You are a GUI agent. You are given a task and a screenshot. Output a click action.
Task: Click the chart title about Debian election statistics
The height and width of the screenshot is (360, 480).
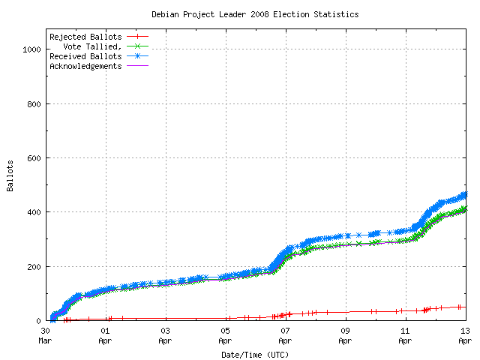[x=255, y=14]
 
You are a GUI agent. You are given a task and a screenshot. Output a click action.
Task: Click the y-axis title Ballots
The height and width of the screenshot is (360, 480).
[x=10, y=175]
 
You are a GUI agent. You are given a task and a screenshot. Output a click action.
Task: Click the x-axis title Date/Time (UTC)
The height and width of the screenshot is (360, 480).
[x=255, y=354]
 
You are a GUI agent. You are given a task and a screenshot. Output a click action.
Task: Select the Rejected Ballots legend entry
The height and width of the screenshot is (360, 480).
[x=85, y=37]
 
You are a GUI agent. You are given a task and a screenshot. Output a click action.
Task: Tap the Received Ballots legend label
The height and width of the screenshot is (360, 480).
[x=85, y=56]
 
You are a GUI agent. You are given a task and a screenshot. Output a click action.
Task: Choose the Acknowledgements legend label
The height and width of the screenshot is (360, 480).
[x=85, y=66]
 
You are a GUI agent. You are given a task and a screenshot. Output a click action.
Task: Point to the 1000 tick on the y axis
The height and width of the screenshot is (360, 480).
[x=30, y=49]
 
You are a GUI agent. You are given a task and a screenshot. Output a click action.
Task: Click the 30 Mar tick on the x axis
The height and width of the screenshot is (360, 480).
[x=45, y=334]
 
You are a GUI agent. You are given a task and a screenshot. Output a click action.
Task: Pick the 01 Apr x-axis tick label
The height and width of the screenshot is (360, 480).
[x=105, y=334]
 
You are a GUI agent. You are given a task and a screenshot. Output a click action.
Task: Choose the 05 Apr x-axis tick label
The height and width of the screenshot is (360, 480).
[x=225, y=334]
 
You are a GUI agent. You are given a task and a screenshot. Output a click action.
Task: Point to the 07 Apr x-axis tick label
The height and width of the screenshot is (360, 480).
[x=285, y=334]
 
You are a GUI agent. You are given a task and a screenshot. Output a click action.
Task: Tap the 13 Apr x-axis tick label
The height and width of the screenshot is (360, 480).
[x=465, y=334]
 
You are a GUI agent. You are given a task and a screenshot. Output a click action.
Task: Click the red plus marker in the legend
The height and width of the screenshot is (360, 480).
[x=138, y=37]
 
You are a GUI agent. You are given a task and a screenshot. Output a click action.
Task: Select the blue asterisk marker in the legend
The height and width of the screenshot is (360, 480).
[x=138, y=56]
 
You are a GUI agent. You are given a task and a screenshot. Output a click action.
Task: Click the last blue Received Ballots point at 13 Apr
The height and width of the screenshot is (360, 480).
[x=464, y=195]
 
